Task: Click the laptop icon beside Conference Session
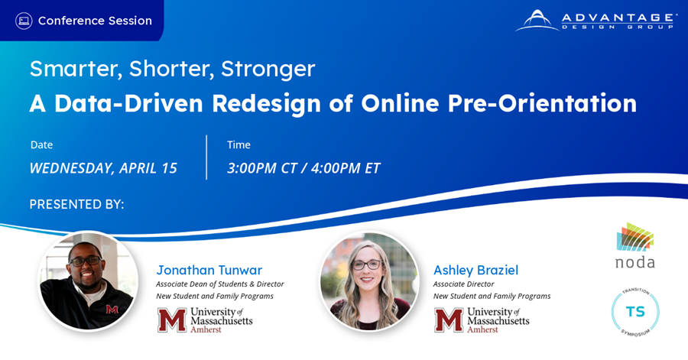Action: pyautogui.click(x=24, y=21)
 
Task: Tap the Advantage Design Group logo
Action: pyautogui.click(x=596, y=21)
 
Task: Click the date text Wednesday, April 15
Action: pyautogui.click(x=103, y=168)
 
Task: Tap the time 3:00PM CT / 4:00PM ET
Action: pyautogui.click(x=303, y=168)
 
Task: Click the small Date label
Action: pyautogui.click(x=42, y=144)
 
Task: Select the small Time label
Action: pyautogui.click(x=239, y=144)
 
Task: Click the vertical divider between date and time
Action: pyautogui.click(x=206, y=157)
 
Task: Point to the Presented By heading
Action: pyautogui.click(x=76, y=205)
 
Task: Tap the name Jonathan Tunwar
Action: pyautogui.click(x=209, y=270)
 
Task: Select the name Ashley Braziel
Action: pyautogui.click(x=475, y=270)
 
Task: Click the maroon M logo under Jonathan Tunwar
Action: pyautogui.click(x=171, y=319)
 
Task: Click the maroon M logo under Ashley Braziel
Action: pyautogui.click(x=448, y=319)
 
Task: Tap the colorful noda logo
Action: pyautogui.click(x=635, y=245)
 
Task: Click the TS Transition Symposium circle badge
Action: pyautogui.click(x=635, y=312)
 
